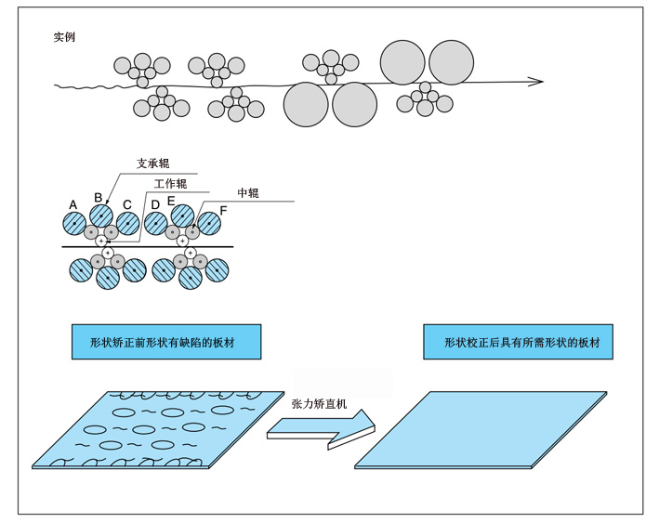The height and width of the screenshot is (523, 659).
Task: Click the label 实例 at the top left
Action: point(65,37)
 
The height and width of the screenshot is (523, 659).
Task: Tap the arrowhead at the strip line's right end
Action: point(536,82)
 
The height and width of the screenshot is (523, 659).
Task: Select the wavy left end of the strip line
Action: point(67,87)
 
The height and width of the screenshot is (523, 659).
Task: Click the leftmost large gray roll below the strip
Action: point(306,104)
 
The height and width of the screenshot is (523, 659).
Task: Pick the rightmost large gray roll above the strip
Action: point(451,61)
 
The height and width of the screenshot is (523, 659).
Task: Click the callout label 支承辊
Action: point(152,163)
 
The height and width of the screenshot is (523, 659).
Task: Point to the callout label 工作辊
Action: point(171,182)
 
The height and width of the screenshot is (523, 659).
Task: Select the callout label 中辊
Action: point(247,193)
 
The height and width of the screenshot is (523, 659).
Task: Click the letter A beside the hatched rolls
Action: point(72,203)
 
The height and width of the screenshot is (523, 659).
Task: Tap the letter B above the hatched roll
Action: point(99,197)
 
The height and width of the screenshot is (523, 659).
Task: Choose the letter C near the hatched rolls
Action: point(126,205)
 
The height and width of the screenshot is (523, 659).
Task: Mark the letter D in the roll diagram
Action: point(155,203)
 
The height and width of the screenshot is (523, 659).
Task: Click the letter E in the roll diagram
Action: point(171,199)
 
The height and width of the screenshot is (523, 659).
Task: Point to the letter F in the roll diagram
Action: point(222,208)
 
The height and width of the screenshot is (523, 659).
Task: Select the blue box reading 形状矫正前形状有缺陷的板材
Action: point(165,342)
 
